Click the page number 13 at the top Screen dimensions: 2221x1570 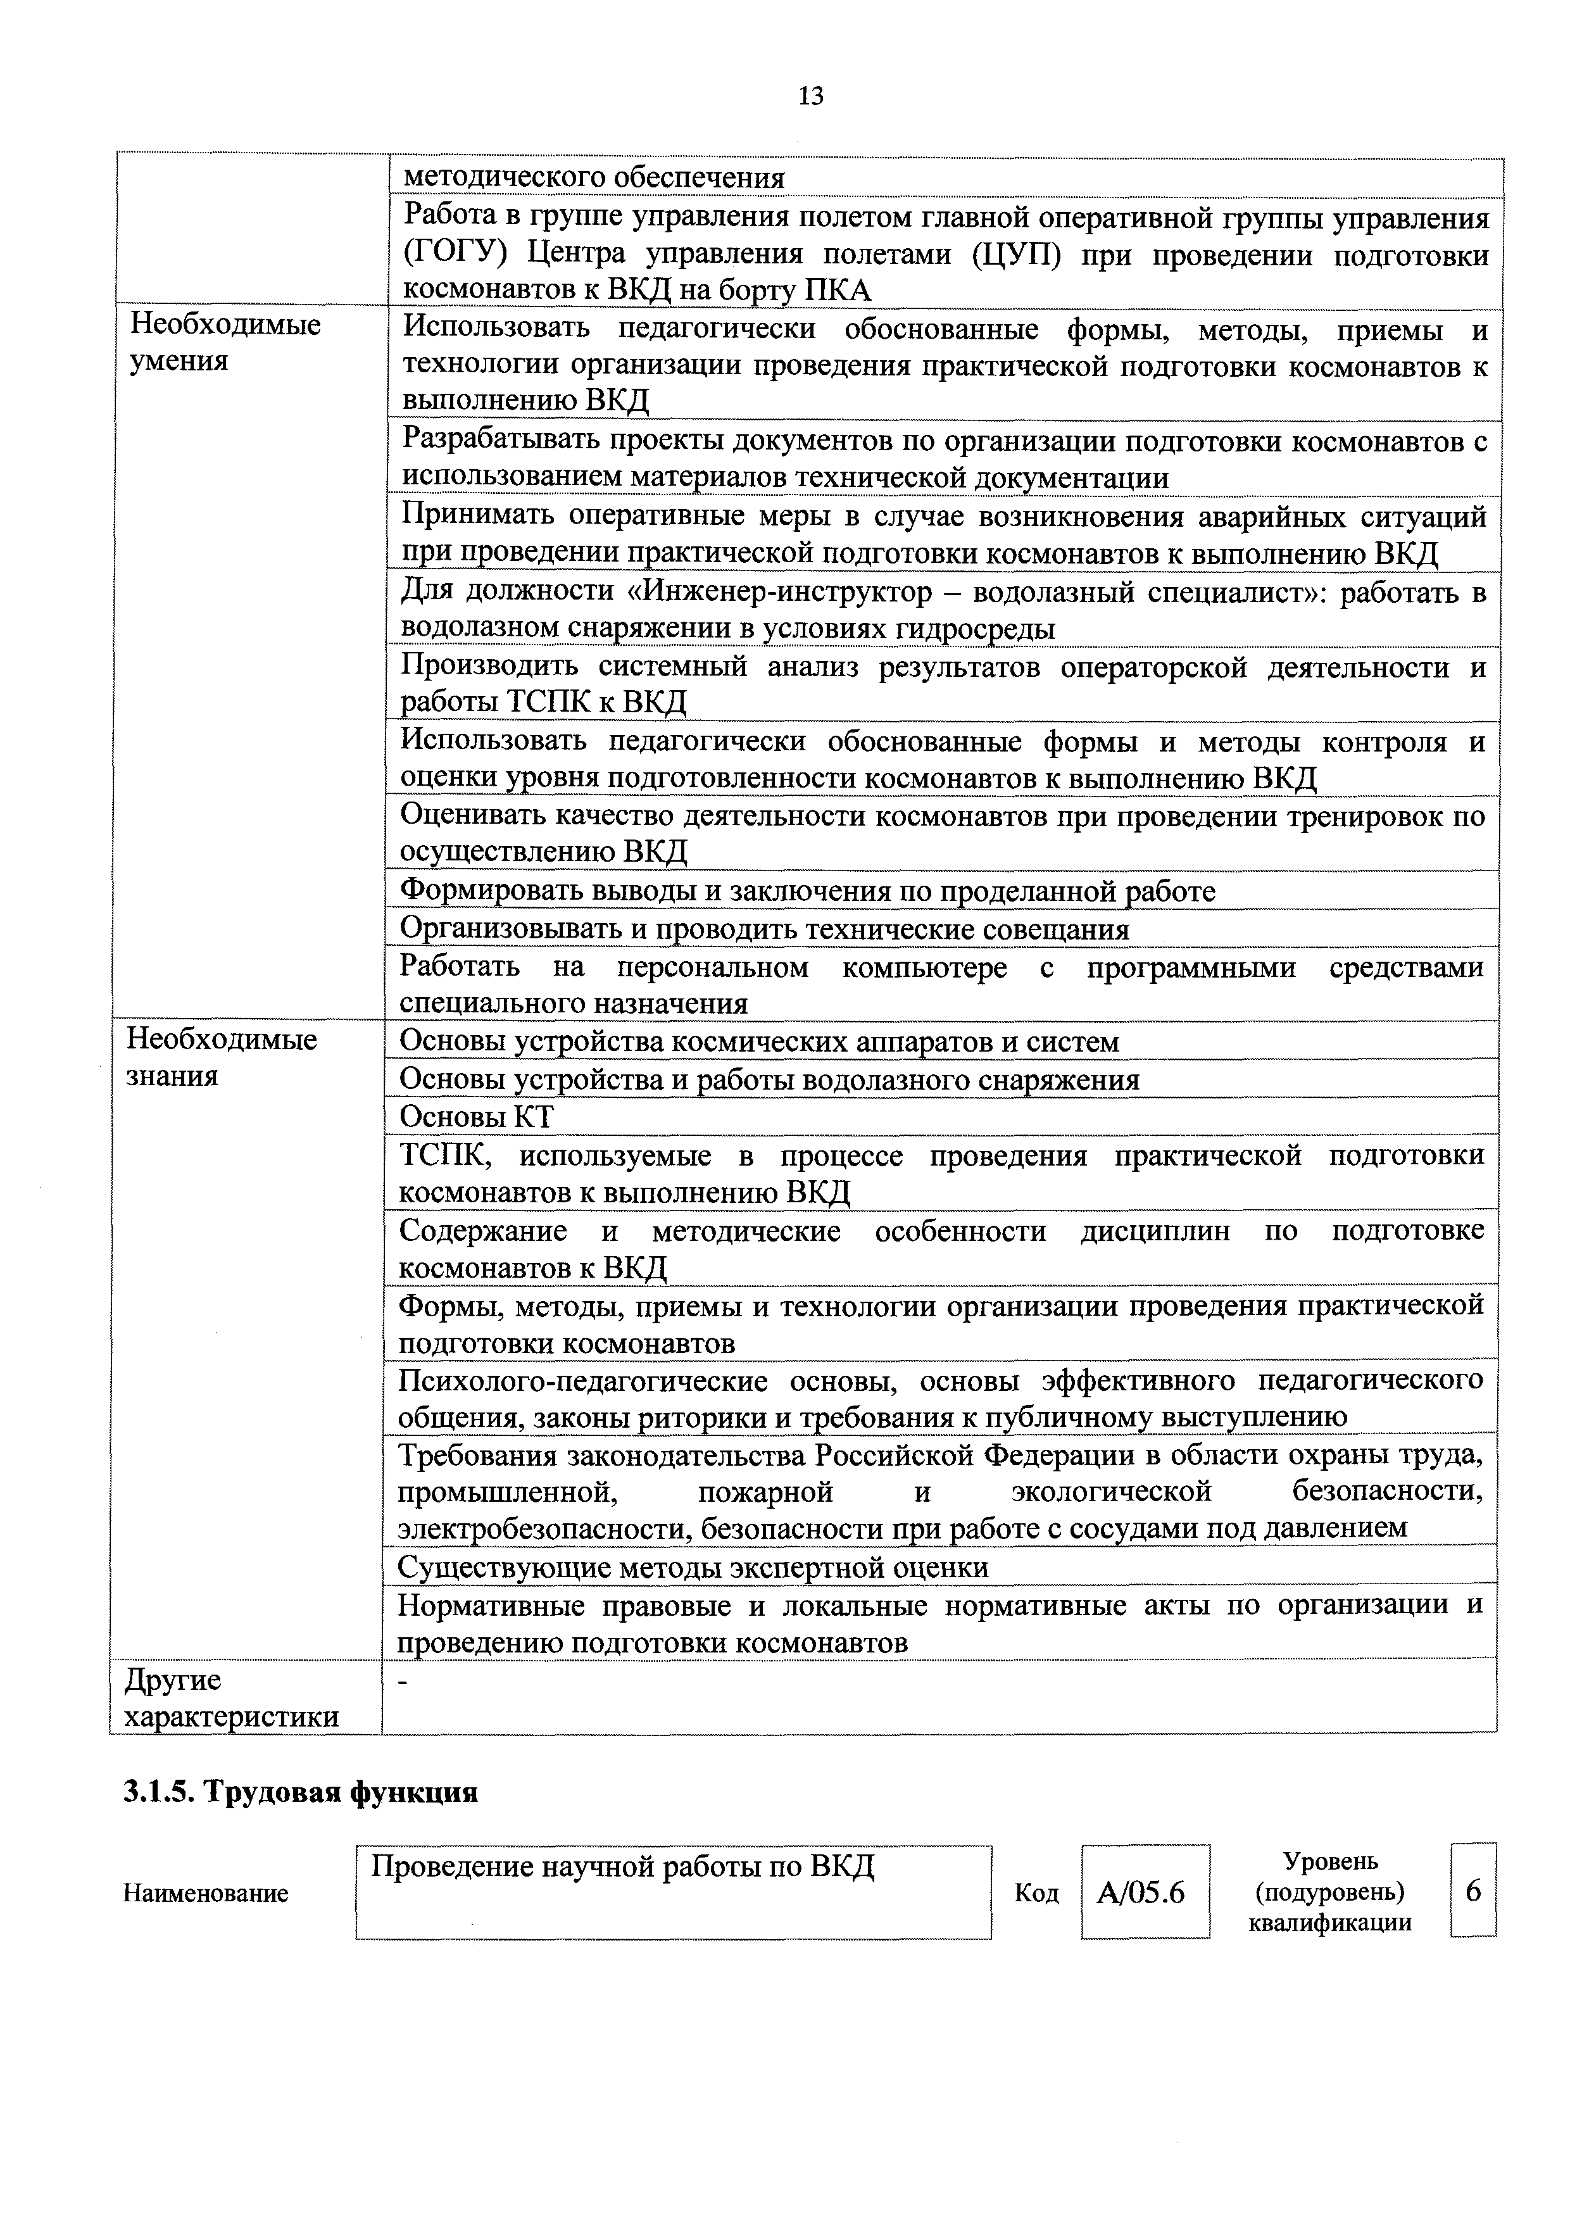tap(810, 96)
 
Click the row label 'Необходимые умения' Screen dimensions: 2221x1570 tap(225, 343)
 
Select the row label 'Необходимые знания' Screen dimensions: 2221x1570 tap(222, 1058)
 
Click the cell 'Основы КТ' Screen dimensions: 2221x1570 tap(476, 1117)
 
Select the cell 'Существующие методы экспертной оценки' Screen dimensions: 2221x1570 tap(694, 1567)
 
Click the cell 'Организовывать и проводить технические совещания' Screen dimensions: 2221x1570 tap(764, 929)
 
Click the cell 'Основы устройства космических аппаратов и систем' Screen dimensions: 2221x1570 tap(760, 1042)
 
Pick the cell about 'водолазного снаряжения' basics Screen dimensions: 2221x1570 tap(769, 1079)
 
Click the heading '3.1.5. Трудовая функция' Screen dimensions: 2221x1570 tap(301, 1792)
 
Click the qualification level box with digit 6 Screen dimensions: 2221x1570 tap(1473, 1890)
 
